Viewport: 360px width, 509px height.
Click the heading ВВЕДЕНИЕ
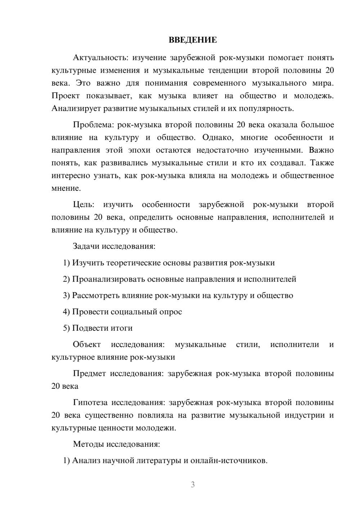click(193, 40)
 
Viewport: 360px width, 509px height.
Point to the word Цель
click(84, 204)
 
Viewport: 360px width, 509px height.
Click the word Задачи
click(86, 247)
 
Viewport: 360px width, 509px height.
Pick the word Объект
click(87, 344)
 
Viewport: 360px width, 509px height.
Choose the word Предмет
click(89, 374)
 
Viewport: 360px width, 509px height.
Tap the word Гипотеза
click(90, 402)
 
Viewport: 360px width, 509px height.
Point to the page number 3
click(193, 485)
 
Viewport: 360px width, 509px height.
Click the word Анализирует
click(76, 108)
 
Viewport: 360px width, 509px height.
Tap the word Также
click(322, 163)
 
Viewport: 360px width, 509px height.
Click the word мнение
click(66, 188)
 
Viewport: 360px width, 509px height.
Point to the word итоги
click(122, 328)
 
